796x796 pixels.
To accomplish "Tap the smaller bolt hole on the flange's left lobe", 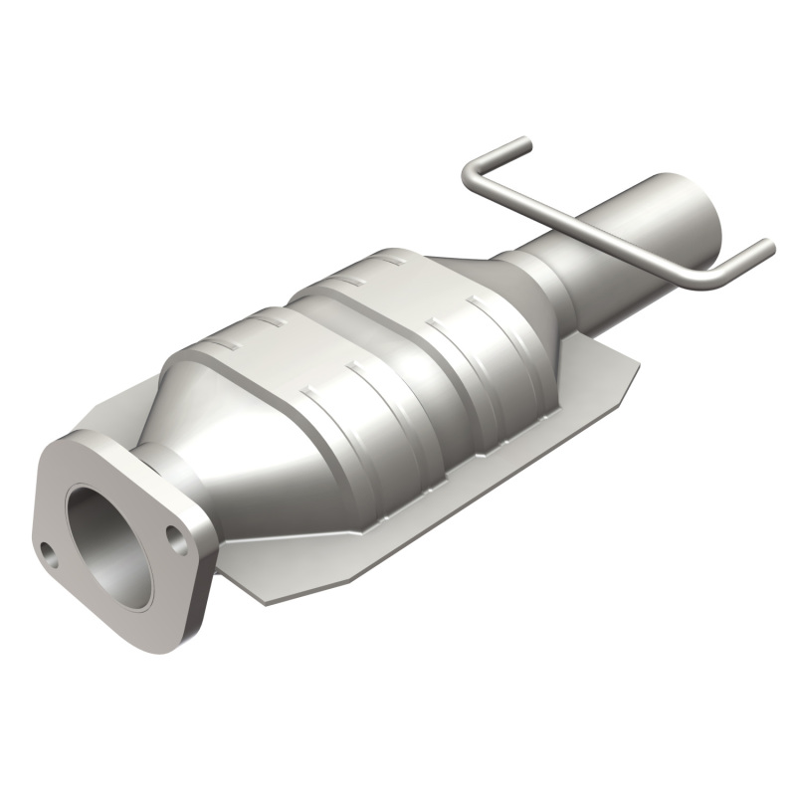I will pos(46,549).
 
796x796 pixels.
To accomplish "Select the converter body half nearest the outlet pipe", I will pos(458,328).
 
